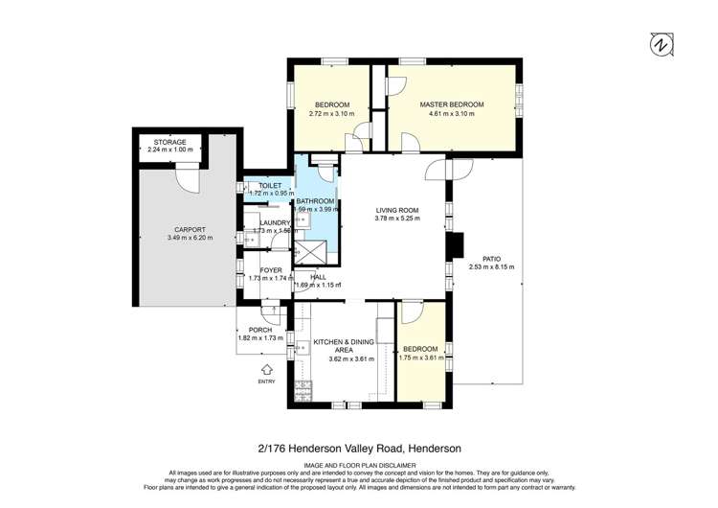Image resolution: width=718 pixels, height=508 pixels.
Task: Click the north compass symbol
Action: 659,43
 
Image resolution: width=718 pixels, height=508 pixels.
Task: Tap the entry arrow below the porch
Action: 266,368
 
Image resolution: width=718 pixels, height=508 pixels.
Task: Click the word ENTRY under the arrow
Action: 266,381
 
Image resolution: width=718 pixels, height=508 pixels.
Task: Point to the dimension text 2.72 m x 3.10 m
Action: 330,114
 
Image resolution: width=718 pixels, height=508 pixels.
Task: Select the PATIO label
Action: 492,258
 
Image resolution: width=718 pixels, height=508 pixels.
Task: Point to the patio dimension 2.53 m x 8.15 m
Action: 492,267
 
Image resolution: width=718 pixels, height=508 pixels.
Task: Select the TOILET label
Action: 269,185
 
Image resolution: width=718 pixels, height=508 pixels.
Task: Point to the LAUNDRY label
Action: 271,222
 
